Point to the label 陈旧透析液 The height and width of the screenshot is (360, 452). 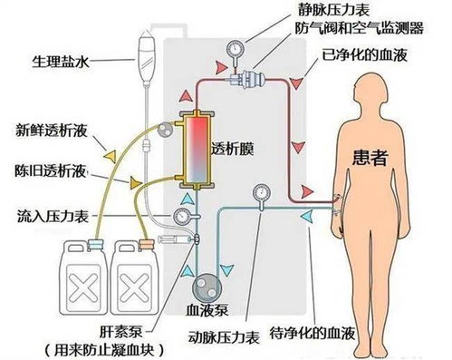pos(52,170)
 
